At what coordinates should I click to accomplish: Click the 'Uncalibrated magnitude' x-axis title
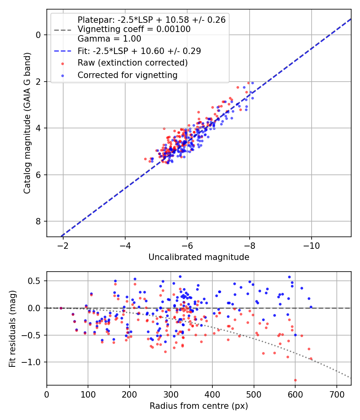199,257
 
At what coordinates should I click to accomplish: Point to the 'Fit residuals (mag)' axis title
12,329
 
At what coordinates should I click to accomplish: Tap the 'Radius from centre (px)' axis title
199,406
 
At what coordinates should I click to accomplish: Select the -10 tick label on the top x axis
311,246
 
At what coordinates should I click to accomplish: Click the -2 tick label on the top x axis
63,246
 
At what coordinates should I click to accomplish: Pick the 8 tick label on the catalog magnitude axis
38,221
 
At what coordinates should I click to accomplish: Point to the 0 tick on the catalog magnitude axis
38,35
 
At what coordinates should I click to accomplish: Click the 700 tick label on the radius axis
336,394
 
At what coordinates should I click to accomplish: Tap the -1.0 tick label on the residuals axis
32,362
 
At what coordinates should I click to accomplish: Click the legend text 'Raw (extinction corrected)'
132,63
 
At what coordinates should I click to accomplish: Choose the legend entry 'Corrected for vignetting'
128,75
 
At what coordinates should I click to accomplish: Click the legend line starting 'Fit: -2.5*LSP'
139,51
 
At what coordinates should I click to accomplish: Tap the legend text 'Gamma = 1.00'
109,38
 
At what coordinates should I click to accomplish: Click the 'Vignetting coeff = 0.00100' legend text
134,29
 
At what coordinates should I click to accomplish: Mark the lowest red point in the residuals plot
295,380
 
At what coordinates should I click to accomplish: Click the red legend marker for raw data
63,64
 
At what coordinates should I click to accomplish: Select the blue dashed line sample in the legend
63,51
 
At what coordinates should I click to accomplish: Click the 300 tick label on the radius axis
171,394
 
